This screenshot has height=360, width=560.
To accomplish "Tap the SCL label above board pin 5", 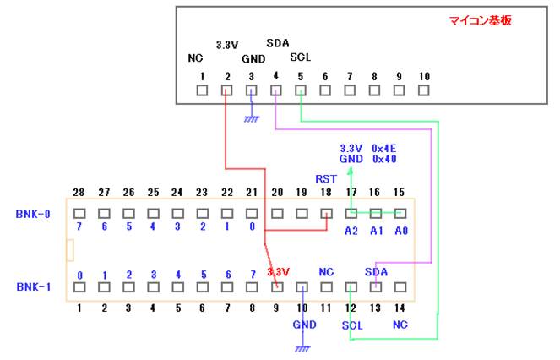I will click(x=300, y=57).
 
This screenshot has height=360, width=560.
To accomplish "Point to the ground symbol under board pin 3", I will click(x=251, y=119).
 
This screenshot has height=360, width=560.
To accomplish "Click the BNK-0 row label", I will click(x=33, y=215).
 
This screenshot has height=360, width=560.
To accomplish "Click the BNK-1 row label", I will click(x=33, y=287).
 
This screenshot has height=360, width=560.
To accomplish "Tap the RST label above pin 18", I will click(x=326, y=179).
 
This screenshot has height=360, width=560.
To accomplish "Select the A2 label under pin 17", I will click(x=351, y=229).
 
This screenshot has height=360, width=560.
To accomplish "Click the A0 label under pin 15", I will click(x=400, y=229).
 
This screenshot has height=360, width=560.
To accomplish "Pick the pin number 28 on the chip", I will click(x=79, y=193).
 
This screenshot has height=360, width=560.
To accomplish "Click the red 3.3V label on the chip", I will click(x=279, y=272).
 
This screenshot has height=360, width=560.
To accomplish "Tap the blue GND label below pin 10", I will click(x=303, y=323).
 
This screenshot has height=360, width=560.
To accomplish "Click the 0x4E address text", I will click(x=385, y=147).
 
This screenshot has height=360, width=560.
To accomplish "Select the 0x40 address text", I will click(x=385, y=158).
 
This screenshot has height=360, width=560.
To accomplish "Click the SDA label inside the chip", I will click(x=376, y=272).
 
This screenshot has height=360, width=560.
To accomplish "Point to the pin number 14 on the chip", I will click(x=400, y=308).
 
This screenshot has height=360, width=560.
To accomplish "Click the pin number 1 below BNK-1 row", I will click(x=79, y=308).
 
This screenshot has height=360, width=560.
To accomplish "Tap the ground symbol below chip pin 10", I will click(x=302, y=347).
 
